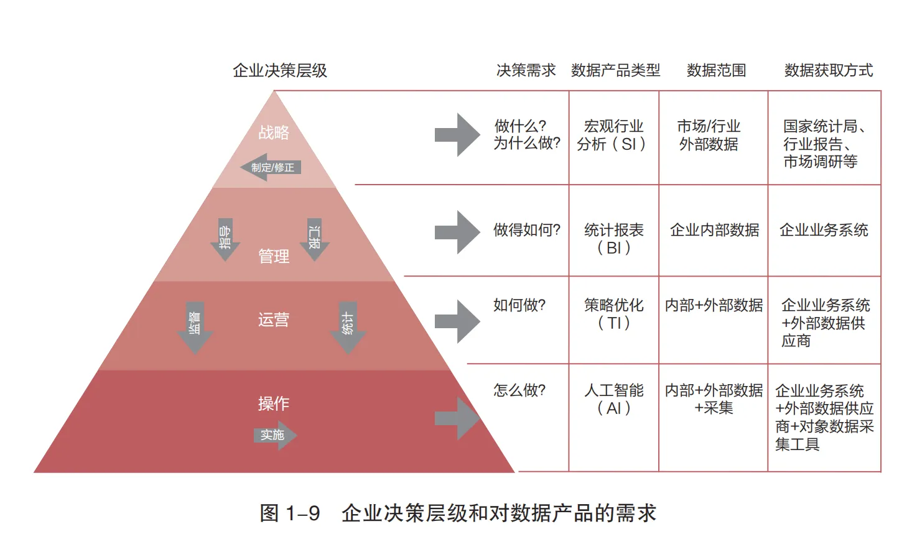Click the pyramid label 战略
(x=274, y=132)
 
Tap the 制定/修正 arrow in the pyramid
(x=271, y=167)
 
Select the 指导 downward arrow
(x=225, y=239)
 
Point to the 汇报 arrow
(x=315, y=239)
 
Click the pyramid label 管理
(x=274, y=256)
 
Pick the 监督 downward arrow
(x=195, y=327)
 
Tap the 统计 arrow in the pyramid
(x=348, y=327)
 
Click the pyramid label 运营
(x=274, y=319)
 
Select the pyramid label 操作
(x=274, y=403)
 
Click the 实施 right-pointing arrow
(x=274, y=435)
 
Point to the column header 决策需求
(x=526, y=70)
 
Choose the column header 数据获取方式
(x=828, y=70)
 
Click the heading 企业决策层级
(x=280, y=70)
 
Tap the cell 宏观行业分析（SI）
(x=613, y=136)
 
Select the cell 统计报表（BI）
(x=613, y=239)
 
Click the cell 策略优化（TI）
(x=613, y=314)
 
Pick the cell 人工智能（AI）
(x=613, y=399)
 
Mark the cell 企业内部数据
(x=714, y=230)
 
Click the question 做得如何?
(x=526, y=230)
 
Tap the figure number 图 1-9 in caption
(x=290, y=513)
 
